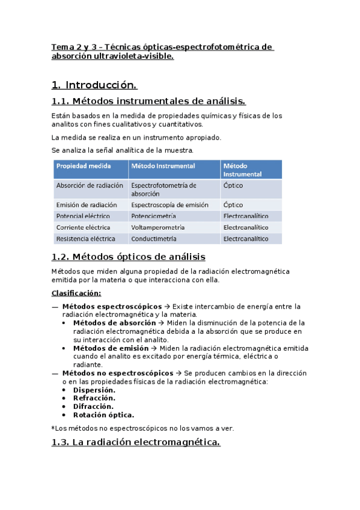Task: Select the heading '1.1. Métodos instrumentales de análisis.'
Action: click(148, 101)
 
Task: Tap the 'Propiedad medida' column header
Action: click(83, 165)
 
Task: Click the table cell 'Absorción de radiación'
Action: click(90, 186)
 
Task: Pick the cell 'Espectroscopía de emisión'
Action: click(169, 204)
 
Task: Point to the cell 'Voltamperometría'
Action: click(157, 227)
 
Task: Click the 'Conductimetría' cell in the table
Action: click(154, 239)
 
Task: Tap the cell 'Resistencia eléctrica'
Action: click(85, 239)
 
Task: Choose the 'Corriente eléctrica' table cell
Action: click(83, 227)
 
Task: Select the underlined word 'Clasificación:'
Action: click(76, 293)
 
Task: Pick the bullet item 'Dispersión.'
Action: click(94, 390)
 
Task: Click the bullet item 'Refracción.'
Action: click(94, 398)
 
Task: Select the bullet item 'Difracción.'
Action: click(93, 407)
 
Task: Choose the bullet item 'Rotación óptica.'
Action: click(103, 415)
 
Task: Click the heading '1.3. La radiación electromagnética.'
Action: click(136, 443)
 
